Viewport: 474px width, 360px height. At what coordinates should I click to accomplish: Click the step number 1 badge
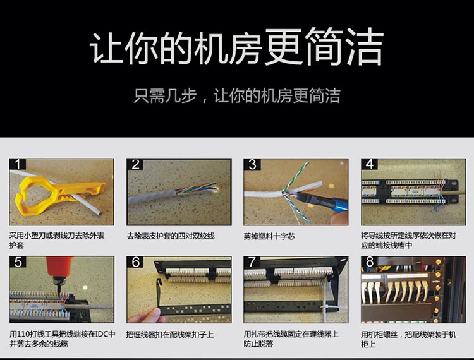(18, 164)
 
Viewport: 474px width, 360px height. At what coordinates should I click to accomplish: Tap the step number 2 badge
(135, 164)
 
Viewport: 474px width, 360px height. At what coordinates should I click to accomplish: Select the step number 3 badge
(252, 164)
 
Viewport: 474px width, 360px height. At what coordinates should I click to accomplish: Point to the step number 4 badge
(370, 164)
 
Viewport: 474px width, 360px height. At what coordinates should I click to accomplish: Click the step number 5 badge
(18, 262)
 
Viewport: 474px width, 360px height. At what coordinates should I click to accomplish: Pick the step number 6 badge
(135, 262)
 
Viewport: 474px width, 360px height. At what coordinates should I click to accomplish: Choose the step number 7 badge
(252, 262)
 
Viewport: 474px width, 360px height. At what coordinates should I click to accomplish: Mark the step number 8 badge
(370, 262)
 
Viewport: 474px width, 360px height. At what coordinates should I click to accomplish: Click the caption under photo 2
(171, 236)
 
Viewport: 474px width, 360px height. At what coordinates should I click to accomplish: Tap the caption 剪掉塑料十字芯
(269, 236)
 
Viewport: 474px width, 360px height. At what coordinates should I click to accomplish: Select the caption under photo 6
(170, 335)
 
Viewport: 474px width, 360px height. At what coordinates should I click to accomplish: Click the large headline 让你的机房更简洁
(237, 47)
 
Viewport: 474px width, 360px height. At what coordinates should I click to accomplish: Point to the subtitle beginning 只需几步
(237, 96)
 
